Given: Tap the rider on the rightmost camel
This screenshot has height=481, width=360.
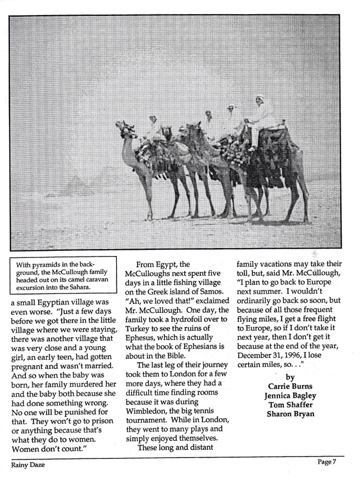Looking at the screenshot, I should pos(260,113).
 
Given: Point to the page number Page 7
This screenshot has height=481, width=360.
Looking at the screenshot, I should pos(327,462).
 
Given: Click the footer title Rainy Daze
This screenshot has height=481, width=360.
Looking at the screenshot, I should pos(28,465).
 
